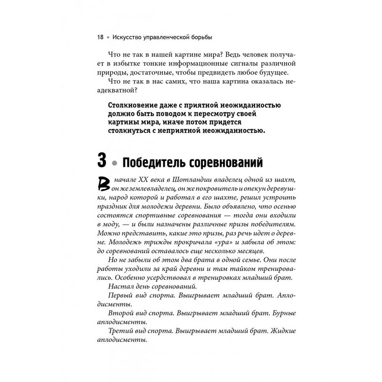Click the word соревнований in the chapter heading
pos(227,163)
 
